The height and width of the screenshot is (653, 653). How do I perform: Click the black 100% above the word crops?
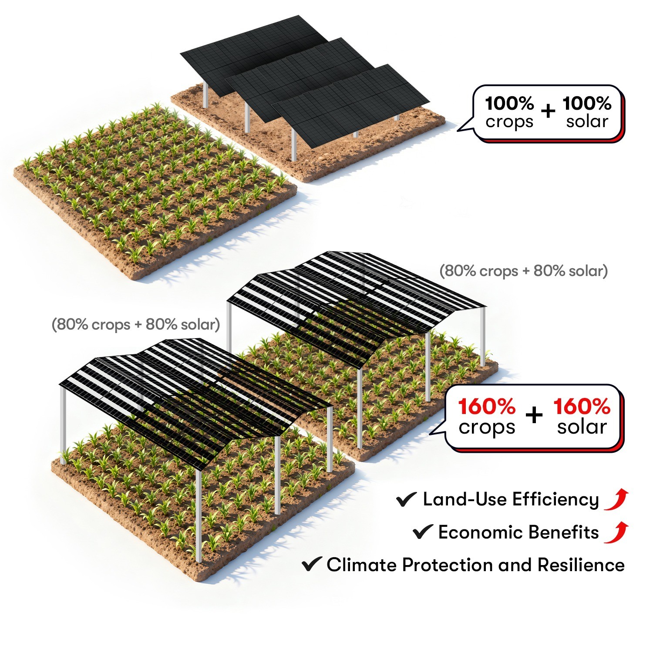(x=509, y=104)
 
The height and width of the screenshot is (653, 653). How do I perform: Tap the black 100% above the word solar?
(x=587, y=104)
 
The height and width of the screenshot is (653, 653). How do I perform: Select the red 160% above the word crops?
(x=487, y=407)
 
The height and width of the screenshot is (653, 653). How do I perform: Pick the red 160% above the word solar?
(x=582, y=407)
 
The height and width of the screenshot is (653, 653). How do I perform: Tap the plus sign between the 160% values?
(x=534, y=415)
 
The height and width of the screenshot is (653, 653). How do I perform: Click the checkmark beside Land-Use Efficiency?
(x=406, y=500)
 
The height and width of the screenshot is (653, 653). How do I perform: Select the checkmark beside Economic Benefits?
(x=422, y=532)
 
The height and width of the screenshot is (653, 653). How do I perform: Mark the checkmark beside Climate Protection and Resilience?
(x=312, y=564)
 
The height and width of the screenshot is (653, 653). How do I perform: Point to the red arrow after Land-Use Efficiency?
(x=617, y=499)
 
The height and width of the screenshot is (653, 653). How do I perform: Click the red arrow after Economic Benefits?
(x=617, y=532)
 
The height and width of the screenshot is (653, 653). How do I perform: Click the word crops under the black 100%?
(x=509, y=122)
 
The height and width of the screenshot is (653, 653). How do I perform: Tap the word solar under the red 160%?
(x=582, y=427)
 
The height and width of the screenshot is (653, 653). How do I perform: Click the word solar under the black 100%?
(x=587, y=121)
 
